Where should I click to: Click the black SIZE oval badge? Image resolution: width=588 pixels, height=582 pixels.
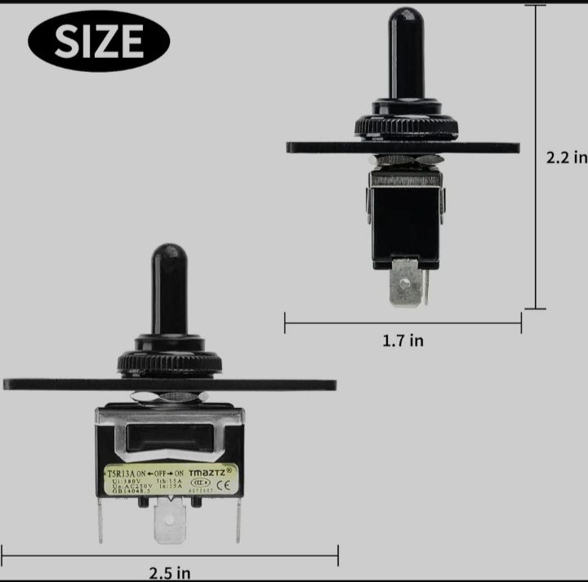point(99,40)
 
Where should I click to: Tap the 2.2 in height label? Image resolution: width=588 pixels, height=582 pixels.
point(566,157)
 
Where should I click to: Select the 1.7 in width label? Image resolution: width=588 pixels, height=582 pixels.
point(403,340)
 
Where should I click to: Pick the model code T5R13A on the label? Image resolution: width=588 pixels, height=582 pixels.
point(121,472)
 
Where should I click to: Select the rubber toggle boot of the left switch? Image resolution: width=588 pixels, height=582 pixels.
point(168,286)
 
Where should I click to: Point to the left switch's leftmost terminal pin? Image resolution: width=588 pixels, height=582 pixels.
point(100,522)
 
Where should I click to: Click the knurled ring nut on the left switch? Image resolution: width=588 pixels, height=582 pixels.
point(170,362)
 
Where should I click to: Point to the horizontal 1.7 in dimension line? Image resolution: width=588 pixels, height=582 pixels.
point(403,324)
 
